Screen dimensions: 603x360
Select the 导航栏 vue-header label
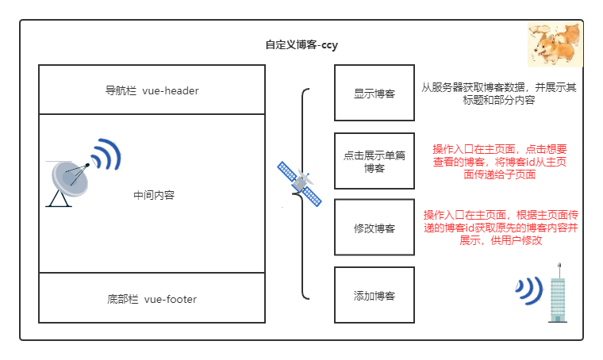pyautogui.click(x=152, y=90)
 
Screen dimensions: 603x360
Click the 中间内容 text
pyautogui.click(x=155, y=194)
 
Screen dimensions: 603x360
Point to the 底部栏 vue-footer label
pyautogui.click(x=152, y=299)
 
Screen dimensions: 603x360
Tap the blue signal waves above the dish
pyautogui.click(x=105, y=155)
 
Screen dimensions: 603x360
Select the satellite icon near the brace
pyautogui.click(x=300, y=185)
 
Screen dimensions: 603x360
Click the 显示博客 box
pyautogui.click(x=374, y=94)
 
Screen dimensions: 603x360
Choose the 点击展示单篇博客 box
pyautogui.click(x=374, y=161)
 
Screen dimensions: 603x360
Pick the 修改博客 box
pyautogui.click(x=374, y=228)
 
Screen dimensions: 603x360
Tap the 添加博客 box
pyautogui.click(x=374, y=295)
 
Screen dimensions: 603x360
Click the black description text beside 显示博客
pyautogui.click(x=499, y=94)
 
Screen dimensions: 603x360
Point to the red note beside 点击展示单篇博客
pyautogui.click(x=499, y=161)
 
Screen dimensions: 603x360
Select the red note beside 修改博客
pyautogui.click(x=500, y=228)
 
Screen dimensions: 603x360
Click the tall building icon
pyautogui.click(x=558, y=291)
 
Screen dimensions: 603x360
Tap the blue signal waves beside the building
pyautogui.click(x=529, y=291)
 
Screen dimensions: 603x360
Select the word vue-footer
pyautogui.click(x=171, y=299)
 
